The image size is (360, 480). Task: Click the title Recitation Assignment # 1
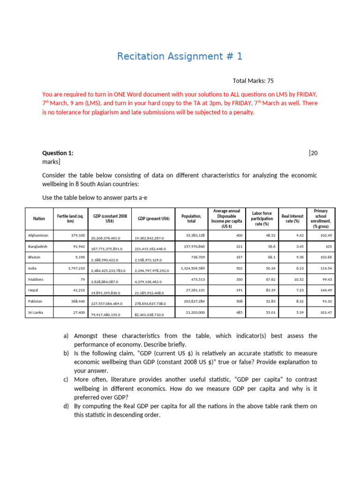[x=180, y=57]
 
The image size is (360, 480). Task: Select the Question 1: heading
[x=58, y=153]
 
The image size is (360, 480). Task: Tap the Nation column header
[x=39, y=218]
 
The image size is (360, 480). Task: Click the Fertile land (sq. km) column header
[x=70, y=218]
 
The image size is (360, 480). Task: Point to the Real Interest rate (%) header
[x=292, y=218]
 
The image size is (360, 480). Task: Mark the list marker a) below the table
[x=66, y=336]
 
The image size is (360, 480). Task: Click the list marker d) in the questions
[x=66, y=406]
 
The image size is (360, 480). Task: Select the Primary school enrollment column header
[x=321, y=218]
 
